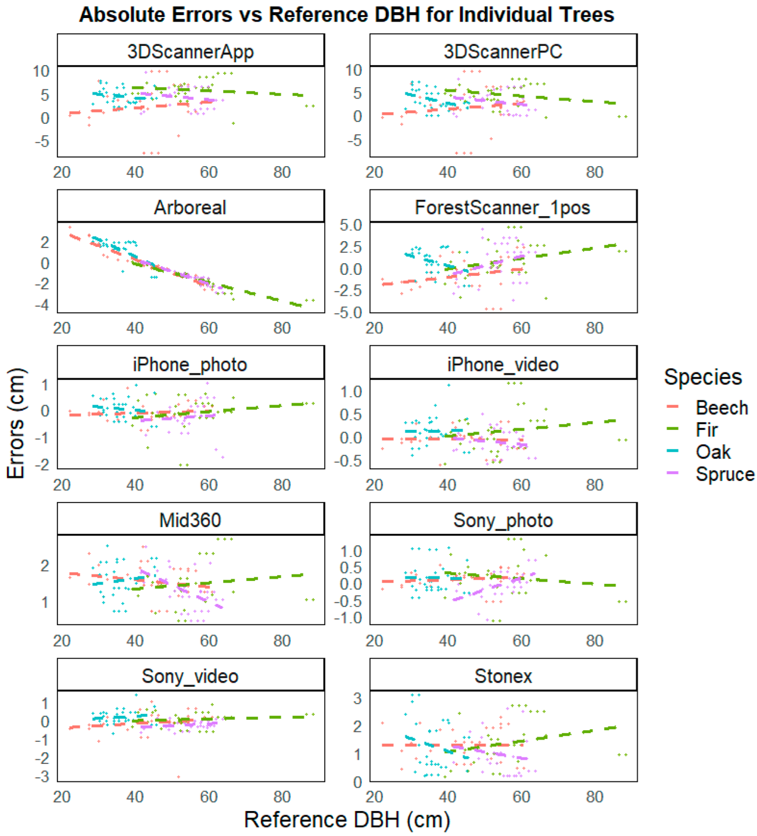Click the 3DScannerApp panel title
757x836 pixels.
pyautogui.click(x=191, y=52)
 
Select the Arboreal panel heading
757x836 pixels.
pyautogui.click(x=190, y=207)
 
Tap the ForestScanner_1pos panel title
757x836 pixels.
pyautogui.click(x=503, y=207)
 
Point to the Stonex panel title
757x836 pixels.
pyautogui.click(x=503, y=676)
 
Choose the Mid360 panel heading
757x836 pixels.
pyautogui.click(x=190, y=520)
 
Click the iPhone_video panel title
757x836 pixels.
pyautogui.click(x=503, y=365)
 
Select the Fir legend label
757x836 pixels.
pyautogui.click(x=706, y=429)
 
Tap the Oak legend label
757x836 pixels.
pyautogui.click(x=713, y=451)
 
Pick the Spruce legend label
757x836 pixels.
pyautogui.click(x=725, y=474)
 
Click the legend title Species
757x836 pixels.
pyautogui.click(x=703, y=376)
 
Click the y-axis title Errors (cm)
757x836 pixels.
pyautogui.click(x=16, y=423)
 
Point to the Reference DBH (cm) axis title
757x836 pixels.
pyautogui.click(x=347, y=819)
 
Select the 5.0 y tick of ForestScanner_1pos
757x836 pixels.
pyautogui.click(x=350, y=225)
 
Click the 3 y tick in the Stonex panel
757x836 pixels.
pyautogui.click(x=357, y=698)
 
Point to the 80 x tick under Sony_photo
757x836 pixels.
pyautogui.click(x=594, y=640)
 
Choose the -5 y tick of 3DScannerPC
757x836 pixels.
pyautogui.click(x=354, y=141)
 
